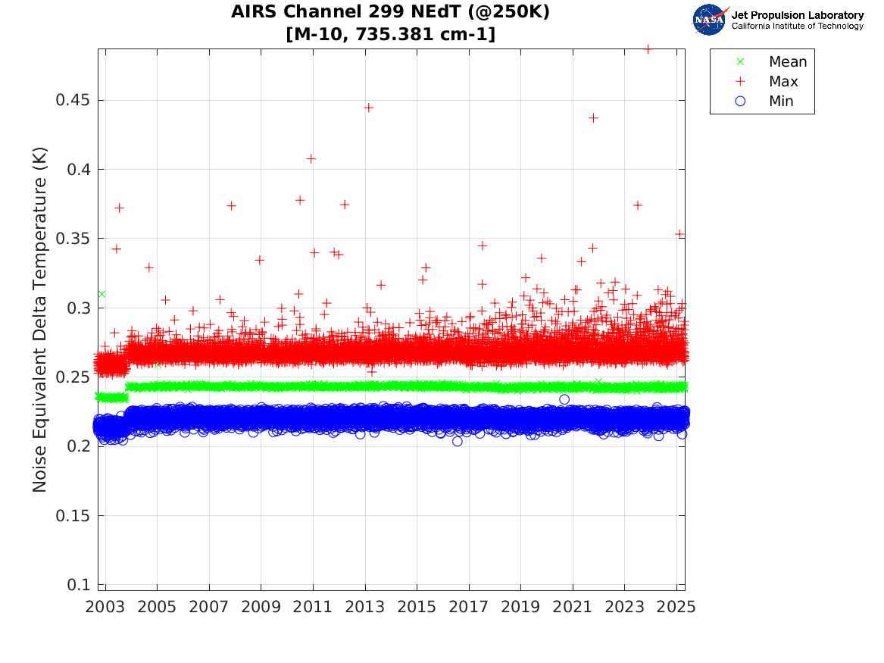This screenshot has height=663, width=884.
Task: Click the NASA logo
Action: click(711, 20)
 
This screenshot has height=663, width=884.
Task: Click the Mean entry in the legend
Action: click(788, 62)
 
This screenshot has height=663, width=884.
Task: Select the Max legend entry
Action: click(783, 82)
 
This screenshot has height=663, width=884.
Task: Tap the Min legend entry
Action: click(781, 102)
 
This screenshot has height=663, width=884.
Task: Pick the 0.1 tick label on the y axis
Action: click(80, 585)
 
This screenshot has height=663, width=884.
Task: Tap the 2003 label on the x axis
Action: click(105, 607)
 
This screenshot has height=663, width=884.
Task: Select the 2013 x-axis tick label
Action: click(365, 607)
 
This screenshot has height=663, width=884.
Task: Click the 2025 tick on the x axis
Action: click(676, 607)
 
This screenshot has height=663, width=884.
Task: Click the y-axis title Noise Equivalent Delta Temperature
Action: click(40, 321)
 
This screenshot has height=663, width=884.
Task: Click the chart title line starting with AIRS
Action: click(391, 12)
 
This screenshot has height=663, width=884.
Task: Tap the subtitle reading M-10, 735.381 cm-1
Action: click(391, 34)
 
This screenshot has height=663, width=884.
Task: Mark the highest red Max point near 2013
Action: click(368, 108)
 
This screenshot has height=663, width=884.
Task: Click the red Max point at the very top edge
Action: click(647, 49)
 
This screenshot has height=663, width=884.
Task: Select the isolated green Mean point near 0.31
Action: click(102, 294)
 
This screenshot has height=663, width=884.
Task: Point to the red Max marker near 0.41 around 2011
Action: click(311, 158)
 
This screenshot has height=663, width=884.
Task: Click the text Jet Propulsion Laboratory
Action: click(797, 15)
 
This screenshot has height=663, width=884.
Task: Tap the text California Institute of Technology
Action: click(797, 27)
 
